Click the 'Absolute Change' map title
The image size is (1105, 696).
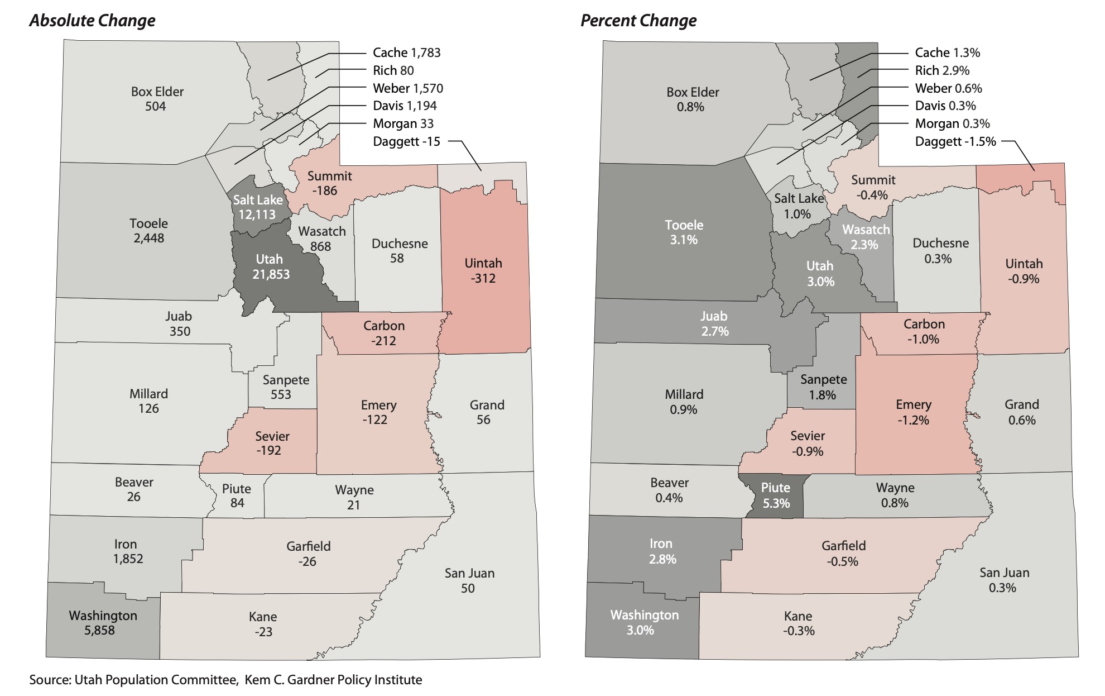point(92,21)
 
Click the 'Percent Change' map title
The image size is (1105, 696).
point(638,21)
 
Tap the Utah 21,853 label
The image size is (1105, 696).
point(270,267)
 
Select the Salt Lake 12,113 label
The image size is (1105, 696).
point(257,207)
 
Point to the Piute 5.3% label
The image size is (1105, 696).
point(776,495)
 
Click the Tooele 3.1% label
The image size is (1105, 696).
point(684,232)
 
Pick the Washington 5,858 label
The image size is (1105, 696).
point(102,623)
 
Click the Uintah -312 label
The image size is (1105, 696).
point(483,271)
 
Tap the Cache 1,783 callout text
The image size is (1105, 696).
point(406,53)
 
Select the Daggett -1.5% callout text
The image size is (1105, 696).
point(955,141)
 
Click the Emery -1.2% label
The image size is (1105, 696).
point(913,412)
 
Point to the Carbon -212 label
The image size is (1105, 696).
point(384,333)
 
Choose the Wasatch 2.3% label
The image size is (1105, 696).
point(865,237)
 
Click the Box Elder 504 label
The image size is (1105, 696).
point(157,99)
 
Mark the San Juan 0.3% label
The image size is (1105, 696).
point(1004,580)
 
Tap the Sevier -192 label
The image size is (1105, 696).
point(272,444)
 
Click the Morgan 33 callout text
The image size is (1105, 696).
point(403,123)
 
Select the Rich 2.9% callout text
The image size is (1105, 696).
point(942,70)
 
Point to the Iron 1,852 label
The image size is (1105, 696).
point(127,551)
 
